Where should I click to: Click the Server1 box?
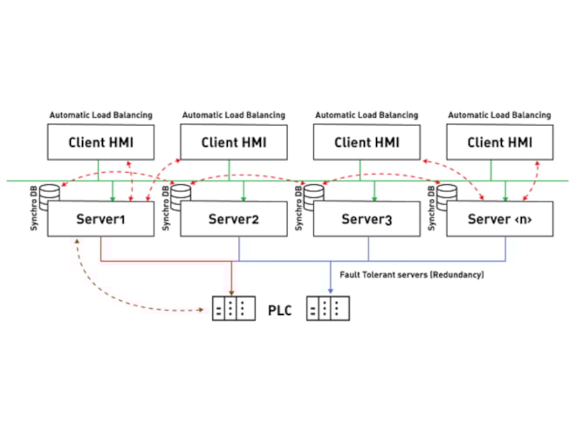(x=100, y=218)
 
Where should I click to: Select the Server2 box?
(x=234, y=218)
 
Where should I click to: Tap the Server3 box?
(x=367, y=218)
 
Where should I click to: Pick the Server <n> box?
(x=499, y=218)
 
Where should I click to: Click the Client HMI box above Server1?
(x=100, y=142)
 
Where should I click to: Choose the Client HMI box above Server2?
(x=234, y=142)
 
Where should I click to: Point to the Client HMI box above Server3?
(x=367, y=142)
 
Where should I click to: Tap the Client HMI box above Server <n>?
(x=499, y=142)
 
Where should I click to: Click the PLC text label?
(x=279, y=311)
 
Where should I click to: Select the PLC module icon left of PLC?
(x=234, y=309)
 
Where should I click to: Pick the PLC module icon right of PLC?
(x=328, y=309)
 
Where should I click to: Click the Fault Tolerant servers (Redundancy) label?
(x=412, y=275)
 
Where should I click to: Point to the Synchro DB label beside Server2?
(x=166, y=209)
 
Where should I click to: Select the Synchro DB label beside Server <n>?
(x=431, y=209)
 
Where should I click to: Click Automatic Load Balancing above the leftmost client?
(x=101, y=115)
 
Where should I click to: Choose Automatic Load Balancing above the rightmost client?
(x=499, y=115)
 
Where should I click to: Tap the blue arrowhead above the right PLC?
(x=330, y=291)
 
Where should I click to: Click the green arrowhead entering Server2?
(x=243, y=199)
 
